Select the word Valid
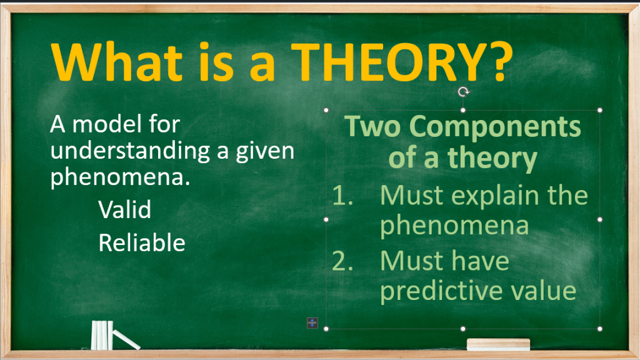click(x=124, y=209)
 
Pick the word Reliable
click(x=142, y=243)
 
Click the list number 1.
click(x=342, y=196)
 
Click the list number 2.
click(x=342, y=261)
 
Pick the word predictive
click(x=441, y=291)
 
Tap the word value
click(x=543, y=291)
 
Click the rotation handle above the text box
click(x=463, y=92)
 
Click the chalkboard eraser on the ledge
click(x=498, y=344)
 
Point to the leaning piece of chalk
click(x=126, y=339)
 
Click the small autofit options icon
click(x=312, y=323)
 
